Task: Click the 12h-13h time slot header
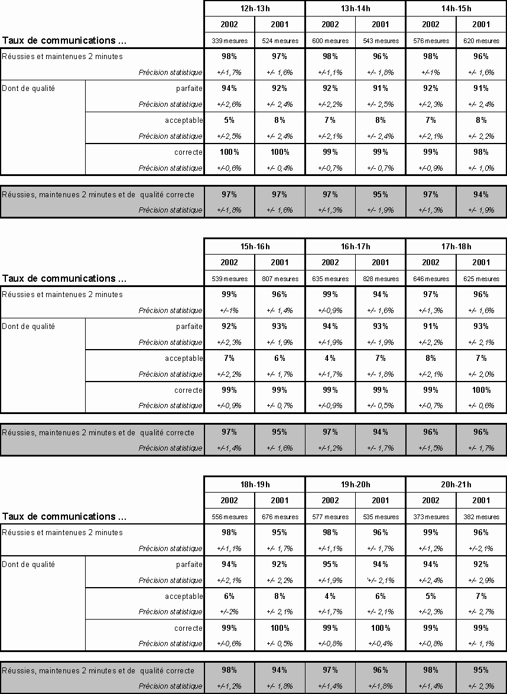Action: click(x=255, y=8)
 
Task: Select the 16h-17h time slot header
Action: click(x=355, y=246)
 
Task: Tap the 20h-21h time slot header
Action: click(x=456, y=484)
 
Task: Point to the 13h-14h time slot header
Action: click(x=355, y=8)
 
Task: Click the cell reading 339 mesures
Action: click(x=229, y=41)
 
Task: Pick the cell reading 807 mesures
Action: click(x=279, y=279)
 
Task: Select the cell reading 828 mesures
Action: click(x=381, y=279)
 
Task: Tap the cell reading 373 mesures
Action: click(x=431, y=517)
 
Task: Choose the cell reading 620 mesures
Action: click(x=481, y=41)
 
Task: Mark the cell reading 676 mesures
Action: click(x=279, y=517)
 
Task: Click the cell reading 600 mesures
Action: click(x=330, y=41)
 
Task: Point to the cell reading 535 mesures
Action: click(x=381, y=517)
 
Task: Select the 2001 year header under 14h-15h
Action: click(x=481, y=25)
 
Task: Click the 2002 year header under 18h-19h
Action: click(x=229, y=500)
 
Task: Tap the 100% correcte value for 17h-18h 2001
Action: click(x=481, y=390)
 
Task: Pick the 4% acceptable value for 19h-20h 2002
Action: click(x=330, y=596)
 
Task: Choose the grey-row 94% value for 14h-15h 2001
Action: click(x=481, y=194)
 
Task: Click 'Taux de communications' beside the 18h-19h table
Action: click(x=64, y=516)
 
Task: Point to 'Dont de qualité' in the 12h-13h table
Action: click(x=28, y=88)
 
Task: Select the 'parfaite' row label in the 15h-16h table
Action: click(x=189, y=326)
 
